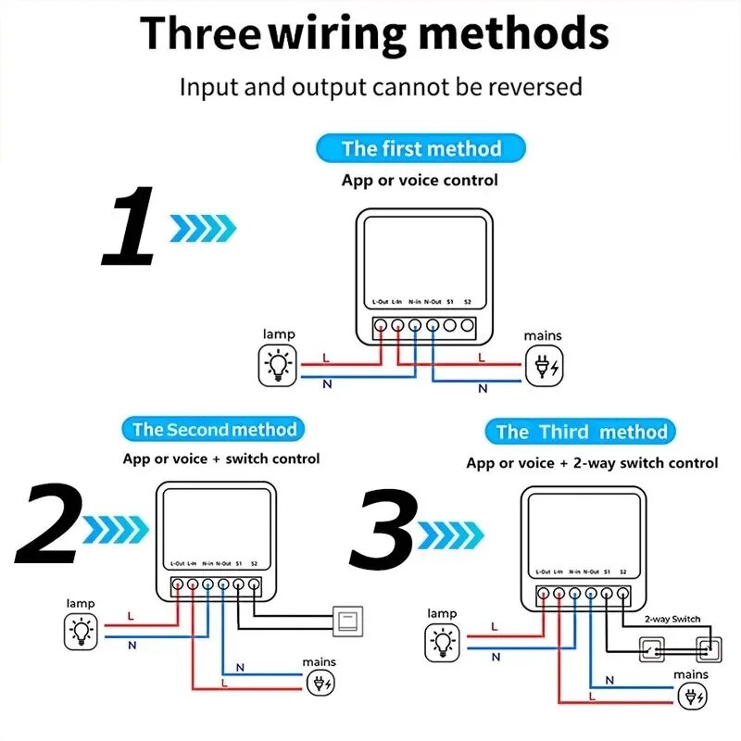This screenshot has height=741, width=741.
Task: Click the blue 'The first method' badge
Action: [421, 148]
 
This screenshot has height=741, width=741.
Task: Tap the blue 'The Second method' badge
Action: [214, 429]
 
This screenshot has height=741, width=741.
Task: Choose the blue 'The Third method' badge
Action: [581, 432]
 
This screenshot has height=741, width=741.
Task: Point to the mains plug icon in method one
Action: [543, 366]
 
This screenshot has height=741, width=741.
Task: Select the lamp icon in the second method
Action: [82, 633]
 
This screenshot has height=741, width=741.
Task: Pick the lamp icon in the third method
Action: [443, 644]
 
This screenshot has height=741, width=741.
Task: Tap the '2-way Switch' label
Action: [672, 619]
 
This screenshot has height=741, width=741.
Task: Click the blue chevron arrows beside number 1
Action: [203, 227]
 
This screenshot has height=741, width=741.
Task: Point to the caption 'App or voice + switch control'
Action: [221, 458]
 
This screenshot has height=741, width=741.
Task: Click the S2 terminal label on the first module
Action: [468, 302]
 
